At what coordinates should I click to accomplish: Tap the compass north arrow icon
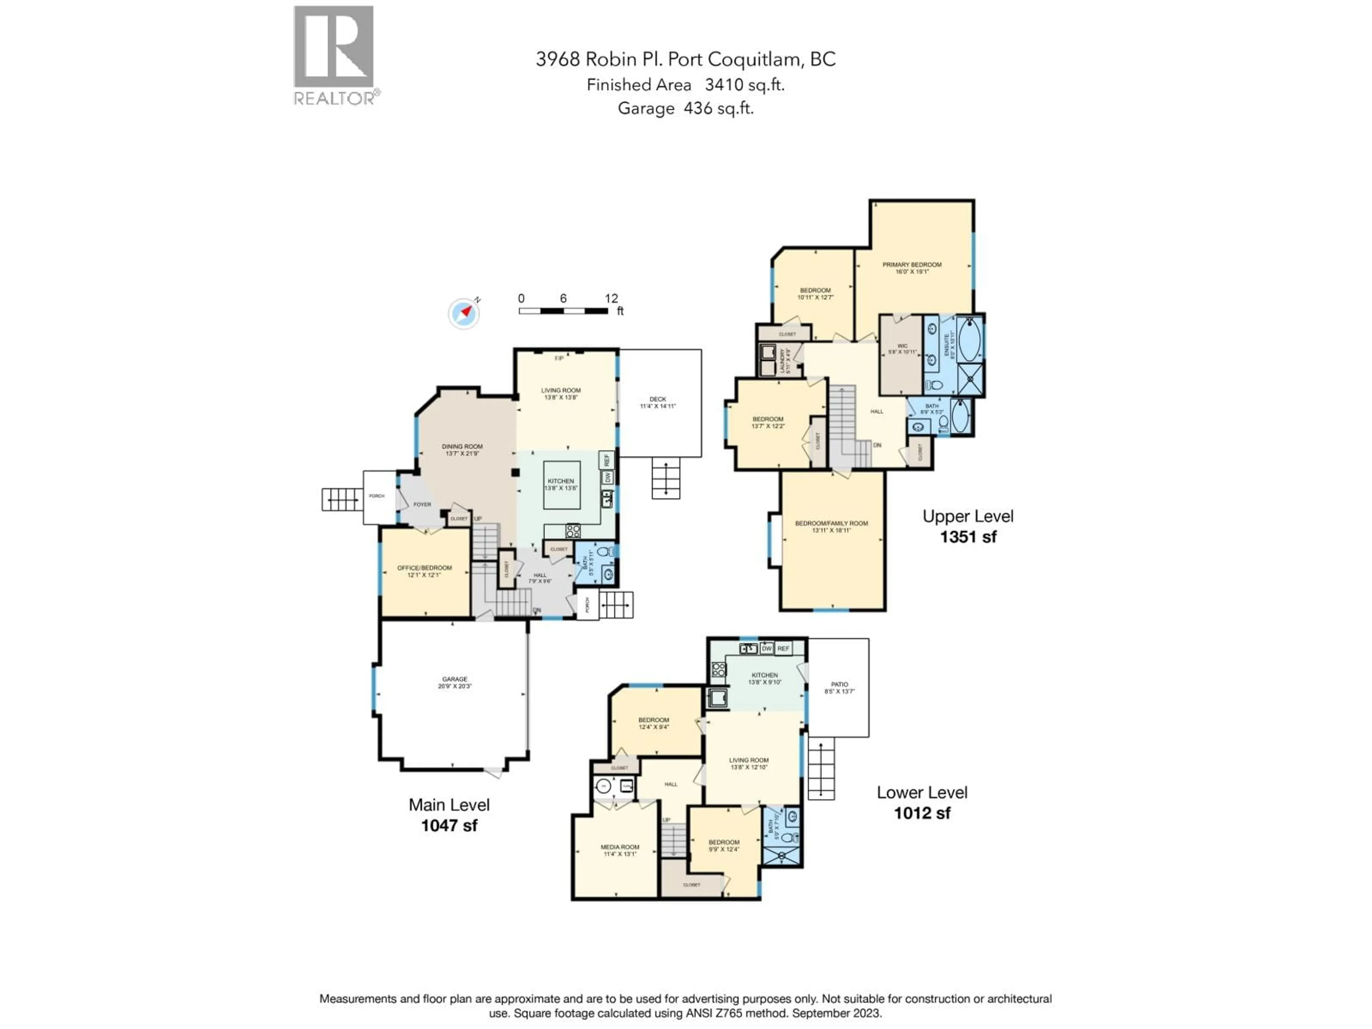(x=464, y=314)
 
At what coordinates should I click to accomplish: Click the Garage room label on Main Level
(x=454, y=682)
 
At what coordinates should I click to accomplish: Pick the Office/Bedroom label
(x=424, y=571)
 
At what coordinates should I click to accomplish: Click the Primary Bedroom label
(x=912, y=267)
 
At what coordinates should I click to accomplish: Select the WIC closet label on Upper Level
(x=902, y=349)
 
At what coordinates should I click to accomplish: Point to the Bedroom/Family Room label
(x=831, y=526)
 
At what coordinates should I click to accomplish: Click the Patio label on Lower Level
(x=839, y=687)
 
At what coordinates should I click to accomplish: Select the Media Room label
(x=620, y=850)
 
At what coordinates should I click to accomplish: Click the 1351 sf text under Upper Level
(x=968, y=537)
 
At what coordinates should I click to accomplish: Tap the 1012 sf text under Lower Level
(x=922, y=813)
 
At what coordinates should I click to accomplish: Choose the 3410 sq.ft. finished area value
(x=744, y=85)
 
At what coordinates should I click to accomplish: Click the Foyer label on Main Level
(x=422, y=504)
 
